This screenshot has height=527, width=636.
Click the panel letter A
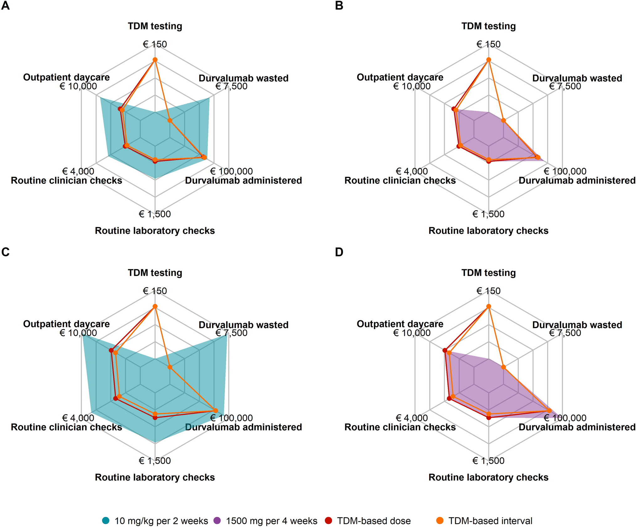[5, 6]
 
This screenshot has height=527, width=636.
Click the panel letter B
[339, 6]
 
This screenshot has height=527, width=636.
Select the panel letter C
[5, 252]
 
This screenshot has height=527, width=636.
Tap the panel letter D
[339, 252]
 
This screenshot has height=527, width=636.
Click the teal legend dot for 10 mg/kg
[106, 520]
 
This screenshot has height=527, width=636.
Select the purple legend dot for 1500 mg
[217, 520]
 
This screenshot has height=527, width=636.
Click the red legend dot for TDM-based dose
[328, 520]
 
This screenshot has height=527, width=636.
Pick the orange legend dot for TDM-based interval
[440, 520]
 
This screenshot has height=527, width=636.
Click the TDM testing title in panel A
[155, 26]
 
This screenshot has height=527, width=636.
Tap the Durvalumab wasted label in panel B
[577, 78]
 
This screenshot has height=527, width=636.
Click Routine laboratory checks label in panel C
[155, 477]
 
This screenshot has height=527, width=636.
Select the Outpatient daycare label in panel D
[400, 324]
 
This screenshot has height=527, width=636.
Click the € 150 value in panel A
[155, 44]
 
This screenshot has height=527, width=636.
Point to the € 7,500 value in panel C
[231, 333]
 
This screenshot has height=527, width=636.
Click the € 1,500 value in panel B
[488, 214]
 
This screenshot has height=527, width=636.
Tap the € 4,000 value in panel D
[412, 418]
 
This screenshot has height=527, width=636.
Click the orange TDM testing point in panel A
[155, 60]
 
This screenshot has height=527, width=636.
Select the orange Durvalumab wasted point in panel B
[503, 120]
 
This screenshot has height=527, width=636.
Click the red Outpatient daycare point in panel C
[111, 350]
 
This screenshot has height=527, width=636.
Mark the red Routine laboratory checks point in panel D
[488, 417]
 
